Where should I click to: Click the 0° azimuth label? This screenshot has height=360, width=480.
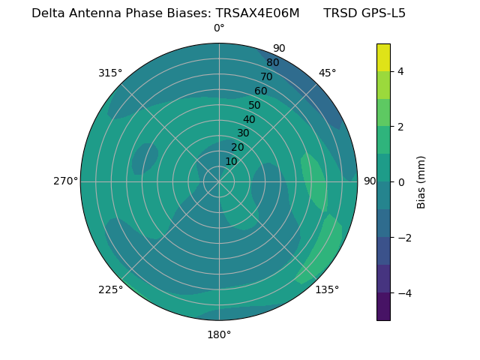click(219, 28)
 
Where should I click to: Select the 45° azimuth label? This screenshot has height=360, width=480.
click(328, 73)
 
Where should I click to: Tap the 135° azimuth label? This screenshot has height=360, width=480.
click(327, 289)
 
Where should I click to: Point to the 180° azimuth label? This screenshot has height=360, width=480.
click(219, 334)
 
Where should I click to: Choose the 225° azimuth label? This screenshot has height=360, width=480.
click(110, 290)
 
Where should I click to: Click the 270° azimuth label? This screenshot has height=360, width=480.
click(65, 181)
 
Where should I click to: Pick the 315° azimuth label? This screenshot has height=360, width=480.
click(110, 73)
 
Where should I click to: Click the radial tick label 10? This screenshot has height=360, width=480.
click(231, 161)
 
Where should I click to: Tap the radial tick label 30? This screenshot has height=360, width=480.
click(243, 133)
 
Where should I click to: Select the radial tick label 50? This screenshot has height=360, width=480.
click(255, 106)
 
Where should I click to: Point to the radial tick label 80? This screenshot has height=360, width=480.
click(272, 63)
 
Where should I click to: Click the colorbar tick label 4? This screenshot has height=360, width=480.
click(400, 71)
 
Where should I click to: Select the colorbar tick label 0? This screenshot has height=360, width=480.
click(400, 181)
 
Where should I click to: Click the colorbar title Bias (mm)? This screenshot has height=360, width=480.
click(421, 181)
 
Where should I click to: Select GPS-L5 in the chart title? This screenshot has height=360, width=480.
click(380, 13)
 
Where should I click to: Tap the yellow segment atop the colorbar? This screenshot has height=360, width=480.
click(383, 57)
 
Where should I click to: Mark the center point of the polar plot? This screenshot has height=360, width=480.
click(219, 181)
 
